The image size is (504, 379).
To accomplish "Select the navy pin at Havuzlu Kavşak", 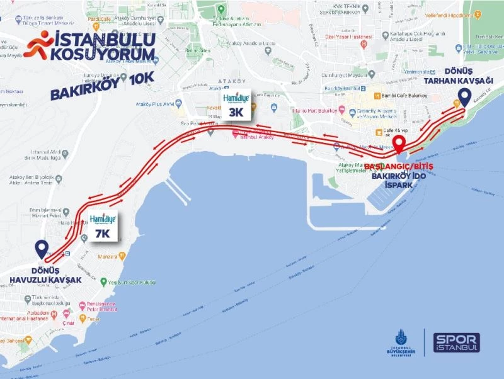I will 42,248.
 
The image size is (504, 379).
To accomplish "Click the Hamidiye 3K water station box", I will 236,106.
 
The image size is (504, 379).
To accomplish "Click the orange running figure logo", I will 38,47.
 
